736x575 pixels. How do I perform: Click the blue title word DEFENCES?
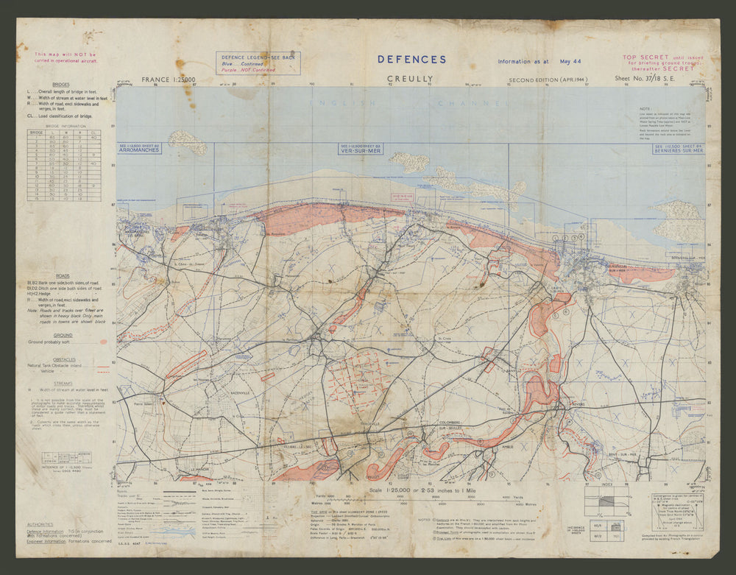tap(411, 60)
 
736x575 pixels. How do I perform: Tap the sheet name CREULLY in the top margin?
tap(410, 79)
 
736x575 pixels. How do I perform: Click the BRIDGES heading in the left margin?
tap(62, 85)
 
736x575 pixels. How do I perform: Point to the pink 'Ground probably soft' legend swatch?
tap(103, 342)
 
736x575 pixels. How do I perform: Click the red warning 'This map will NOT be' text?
tap(66, 54)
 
